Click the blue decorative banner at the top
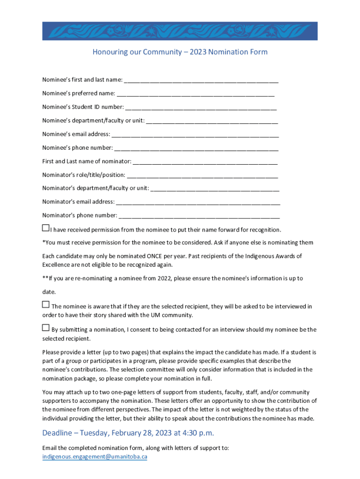180,31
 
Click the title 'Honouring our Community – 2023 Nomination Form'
180,52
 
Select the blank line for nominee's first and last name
201,80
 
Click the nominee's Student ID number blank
201,107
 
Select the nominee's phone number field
196,148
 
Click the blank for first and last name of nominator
205,161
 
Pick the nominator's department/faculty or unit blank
215,189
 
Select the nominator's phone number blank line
200,216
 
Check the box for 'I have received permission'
45,228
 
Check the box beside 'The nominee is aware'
45,305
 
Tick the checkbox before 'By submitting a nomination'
45,327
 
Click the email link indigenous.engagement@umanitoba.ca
94,457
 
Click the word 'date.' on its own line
49,292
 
